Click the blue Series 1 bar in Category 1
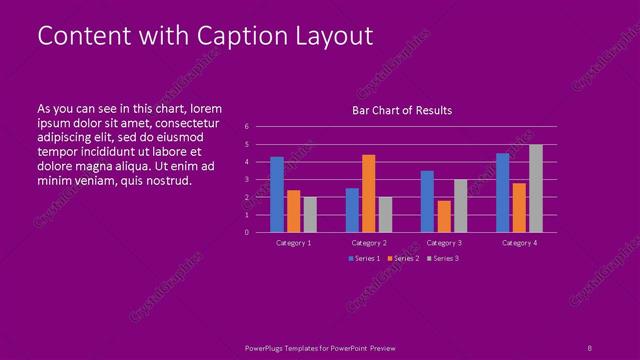277,194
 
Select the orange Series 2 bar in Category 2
369,193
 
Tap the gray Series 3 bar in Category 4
536,188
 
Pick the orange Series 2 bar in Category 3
444,216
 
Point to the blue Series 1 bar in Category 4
503,192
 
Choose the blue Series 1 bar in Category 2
352,210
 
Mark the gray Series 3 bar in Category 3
460,205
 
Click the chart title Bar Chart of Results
402,110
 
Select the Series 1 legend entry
364,259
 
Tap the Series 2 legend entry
403,259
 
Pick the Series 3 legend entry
442,259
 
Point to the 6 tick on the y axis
246,127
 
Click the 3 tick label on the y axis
246,179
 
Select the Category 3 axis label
443,243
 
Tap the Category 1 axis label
293,243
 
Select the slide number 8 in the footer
589,347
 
